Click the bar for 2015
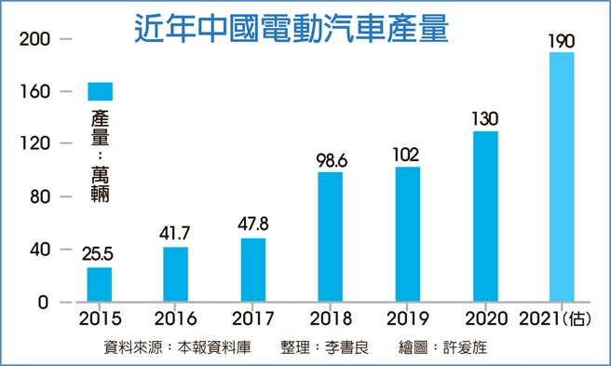(x=100, y=285)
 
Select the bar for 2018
(x=330, y=237)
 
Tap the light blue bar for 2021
(x=562, y=177)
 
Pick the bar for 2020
(x=485, y=217)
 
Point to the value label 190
(x=562, y=42)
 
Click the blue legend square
(x=100, y=90)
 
